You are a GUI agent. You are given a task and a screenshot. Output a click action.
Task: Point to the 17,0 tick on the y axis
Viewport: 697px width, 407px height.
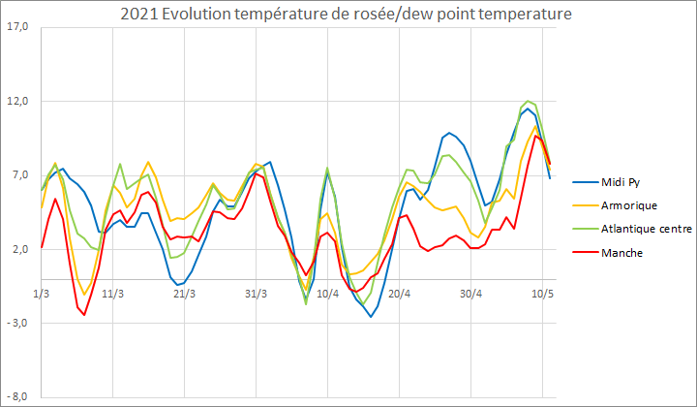tap(18, 27)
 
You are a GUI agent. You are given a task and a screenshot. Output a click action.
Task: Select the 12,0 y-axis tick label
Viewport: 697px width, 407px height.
tap(18, 102)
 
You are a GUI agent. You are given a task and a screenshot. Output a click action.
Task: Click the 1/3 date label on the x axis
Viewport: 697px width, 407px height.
tap(42, 293)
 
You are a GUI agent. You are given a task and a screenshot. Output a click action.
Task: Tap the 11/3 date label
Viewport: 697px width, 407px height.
tap(113, 293)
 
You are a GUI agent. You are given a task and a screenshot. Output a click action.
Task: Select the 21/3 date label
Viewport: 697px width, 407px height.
tap(184, 293)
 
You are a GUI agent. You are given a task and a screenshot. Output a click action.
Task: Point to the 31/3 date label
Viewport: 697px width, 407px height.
tap(256, 293)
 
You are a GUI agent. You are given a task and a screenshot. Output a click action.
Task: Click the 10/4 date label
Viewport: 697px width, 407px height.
tap(327, 293)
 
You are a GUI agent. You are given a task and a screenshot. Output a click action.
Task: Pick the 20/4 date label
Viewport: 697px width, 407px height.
tap(399, 293)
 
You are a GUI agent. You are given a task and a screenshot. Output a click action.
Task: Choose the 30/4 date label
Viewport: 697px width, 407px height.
tap(470, 293)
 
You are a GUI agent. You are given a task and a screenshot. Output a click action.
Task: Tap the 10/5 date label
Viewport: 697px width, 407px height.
tap(542, 293)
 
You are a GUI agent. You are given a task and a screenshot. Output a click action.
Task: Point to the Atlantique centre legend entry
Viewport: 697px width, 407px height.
tap(644, 229)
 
